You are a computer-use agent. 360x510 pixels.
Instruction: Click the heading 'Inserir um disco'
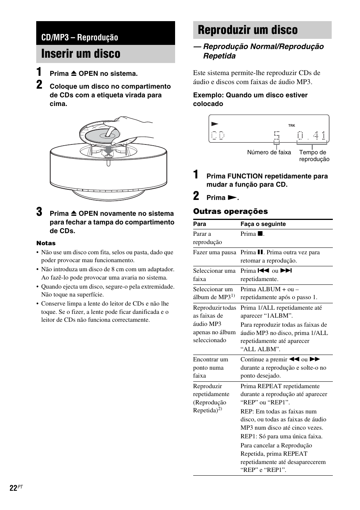[81, 54]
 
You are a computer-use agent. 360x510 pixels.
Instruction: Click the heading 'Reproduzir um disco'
[248, 30]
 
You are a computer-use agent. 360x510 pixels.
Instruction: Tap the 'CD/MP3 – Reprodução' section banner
[80, 37]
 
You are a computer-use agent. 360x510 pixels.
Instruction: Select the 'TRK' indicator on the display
[291, 126]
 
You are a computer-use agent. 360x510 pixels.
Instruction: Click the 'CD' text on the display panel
[218, 135]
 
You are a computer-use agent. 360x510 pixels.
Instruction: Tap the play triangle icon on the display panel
[214, 124]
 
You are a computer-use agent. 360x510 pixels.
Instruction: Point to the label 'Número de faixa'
[269, 152]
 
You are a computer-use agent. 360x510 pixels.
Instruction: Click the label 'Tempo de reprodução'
[314, 156]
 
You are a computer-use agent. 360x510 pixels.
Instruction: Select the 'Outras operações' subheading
[230, 212]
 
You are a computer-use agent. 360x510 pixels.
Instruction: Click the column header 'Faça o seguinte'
[263, 224]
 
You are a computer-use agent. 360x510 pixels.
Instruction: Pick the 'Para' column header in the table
[200, 224]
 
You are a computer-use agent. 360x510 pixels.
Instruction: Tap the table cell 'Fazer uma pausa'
[214, 252]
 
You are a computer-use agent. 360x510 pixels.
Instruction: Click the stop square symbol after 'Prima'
[260, 234]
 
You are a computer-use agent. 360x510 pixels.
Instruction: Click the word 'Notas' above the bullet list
[46, 243]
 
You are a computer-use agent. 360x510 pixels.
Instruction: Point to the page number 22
[13, 488]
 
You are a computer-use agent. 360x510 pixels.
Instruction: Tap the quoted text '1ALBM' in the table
[280, 316]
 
